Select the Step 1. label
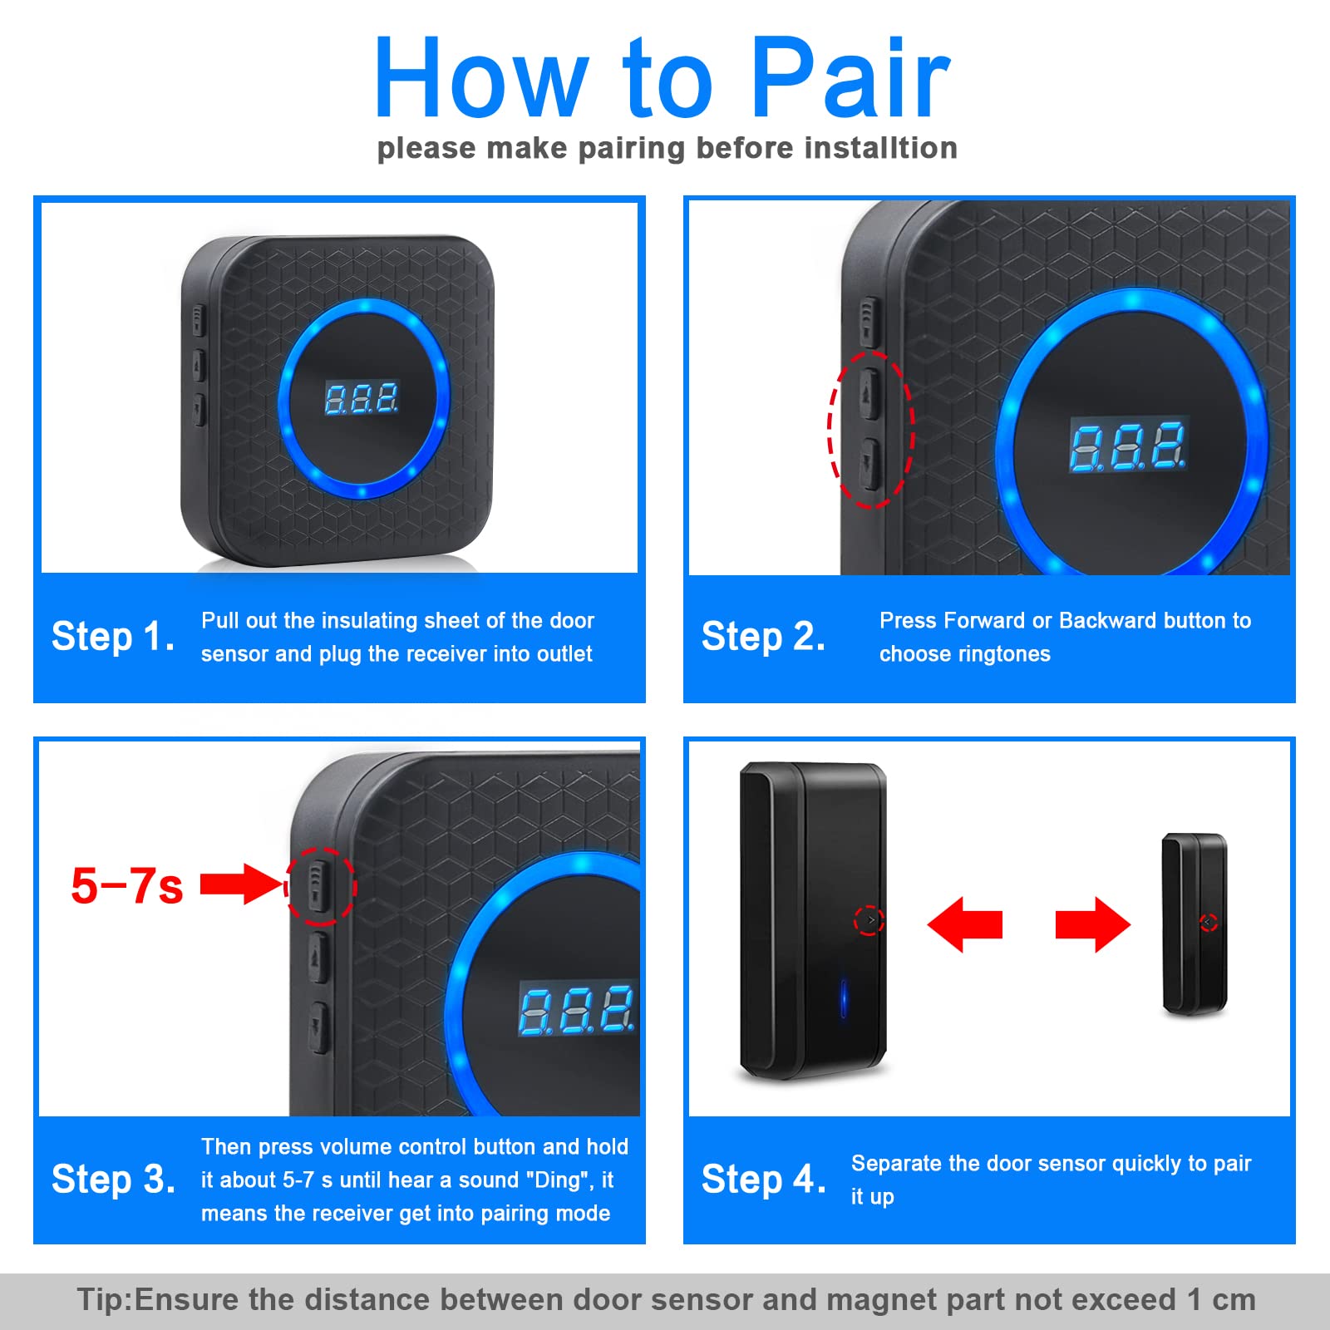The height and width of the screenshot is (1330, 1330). (x=113, y=637)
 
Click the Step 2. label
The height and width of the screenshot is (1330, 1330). (x=763, y=637)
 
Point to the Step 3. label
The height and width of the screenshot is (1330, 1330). (x=113, y=1179)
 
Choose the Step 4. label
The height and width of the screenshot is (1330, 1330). (x=763, y=1179)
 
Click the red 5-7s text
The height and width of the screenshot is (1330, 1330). (x=127, y=885)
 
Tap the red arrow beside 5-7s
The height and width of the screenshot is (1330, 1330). (x=242, y=884)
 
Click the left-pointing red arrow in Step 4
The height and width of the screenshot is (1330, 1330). (x=964, y=924)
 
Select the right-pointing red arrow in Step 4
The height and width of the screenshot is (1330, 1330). (x=1093, y=924)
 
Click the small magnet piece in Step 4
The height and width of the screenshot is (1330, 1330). (x=1195, y=924)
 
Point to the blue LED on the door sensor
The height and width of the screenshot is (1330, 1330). (x=843, y=997)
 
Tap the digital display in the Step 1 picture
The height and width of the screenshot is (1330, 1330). (x=362, y=399)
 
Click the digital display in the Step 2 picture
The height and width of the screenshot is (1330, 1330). (x=1128, y=446)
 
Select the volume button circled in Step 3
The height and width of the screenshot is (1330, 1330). (x=318, y=886)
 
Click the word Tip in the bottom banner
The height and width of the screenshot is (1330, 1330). (x=102, y=1300)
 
